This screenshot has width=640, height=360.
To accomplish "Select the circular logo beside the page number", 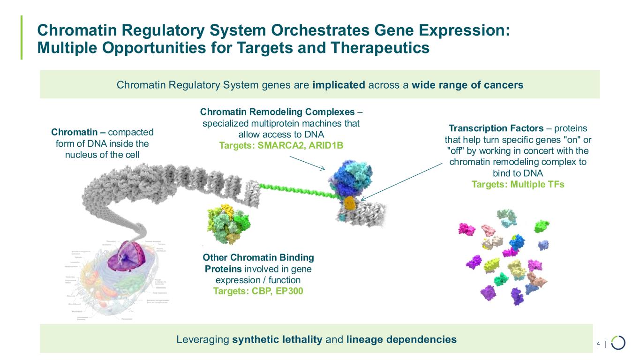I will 618,343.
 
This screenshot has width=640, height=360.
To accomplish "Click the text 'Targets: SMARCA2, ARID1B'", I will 281,145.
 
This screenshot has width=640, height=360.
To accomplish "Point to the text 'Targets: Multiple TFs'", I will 518,184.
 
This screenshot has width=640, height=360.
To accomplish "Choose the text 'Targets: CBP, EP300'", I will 258,291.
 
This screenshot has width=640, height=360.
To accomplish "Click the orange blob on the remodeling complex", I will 349,203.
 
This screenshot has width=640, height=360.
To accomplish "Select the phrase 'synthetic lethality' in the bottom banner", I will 277,339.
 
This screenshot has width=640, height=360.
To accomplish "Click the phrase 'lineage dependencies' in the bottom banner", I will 401,339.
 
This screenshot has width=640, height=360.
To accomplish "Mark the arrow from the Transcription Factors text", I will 401,181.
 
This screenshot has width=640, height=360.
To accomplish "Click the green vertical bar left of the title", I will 22,37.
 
